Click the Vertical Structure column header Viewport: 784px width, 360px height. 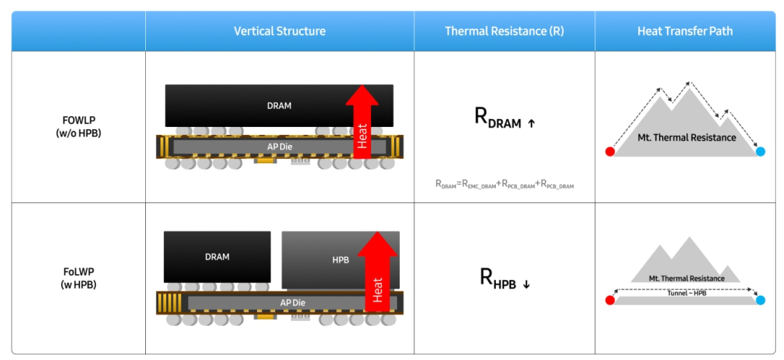coord(279,31)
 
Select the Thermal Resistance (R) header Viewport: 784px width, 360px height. coord(505,31)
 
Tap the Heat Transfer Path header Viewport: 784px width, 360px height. coord(685,31)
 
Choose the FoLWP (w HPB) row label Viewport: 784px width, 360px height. coord(78,279)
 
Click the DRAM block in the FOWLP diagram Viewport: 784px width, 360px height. coord(279,105)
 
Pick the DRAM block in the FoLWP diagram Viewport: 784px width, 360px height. coord(217,257)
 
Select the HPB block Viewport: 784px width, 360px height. coord(340,260)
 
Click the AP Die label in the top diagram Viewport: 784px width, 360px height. coord(279,146)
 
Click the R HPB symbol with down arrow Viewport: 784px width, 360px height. coord(505,278)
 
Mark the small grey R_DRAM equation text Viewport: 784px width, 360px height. coord(505,185)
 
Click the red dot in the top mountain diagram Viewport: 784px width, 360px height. coord(610,152)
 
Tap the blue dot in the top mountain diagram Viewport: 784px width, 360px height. coord(761,152)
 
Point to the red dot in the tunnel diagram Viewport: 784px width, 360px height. coord(610,300)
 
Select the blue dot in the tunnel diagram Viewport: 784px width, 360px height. coord(761,300)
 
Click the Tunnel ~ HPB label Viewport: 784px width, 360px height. coord(687,293)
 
